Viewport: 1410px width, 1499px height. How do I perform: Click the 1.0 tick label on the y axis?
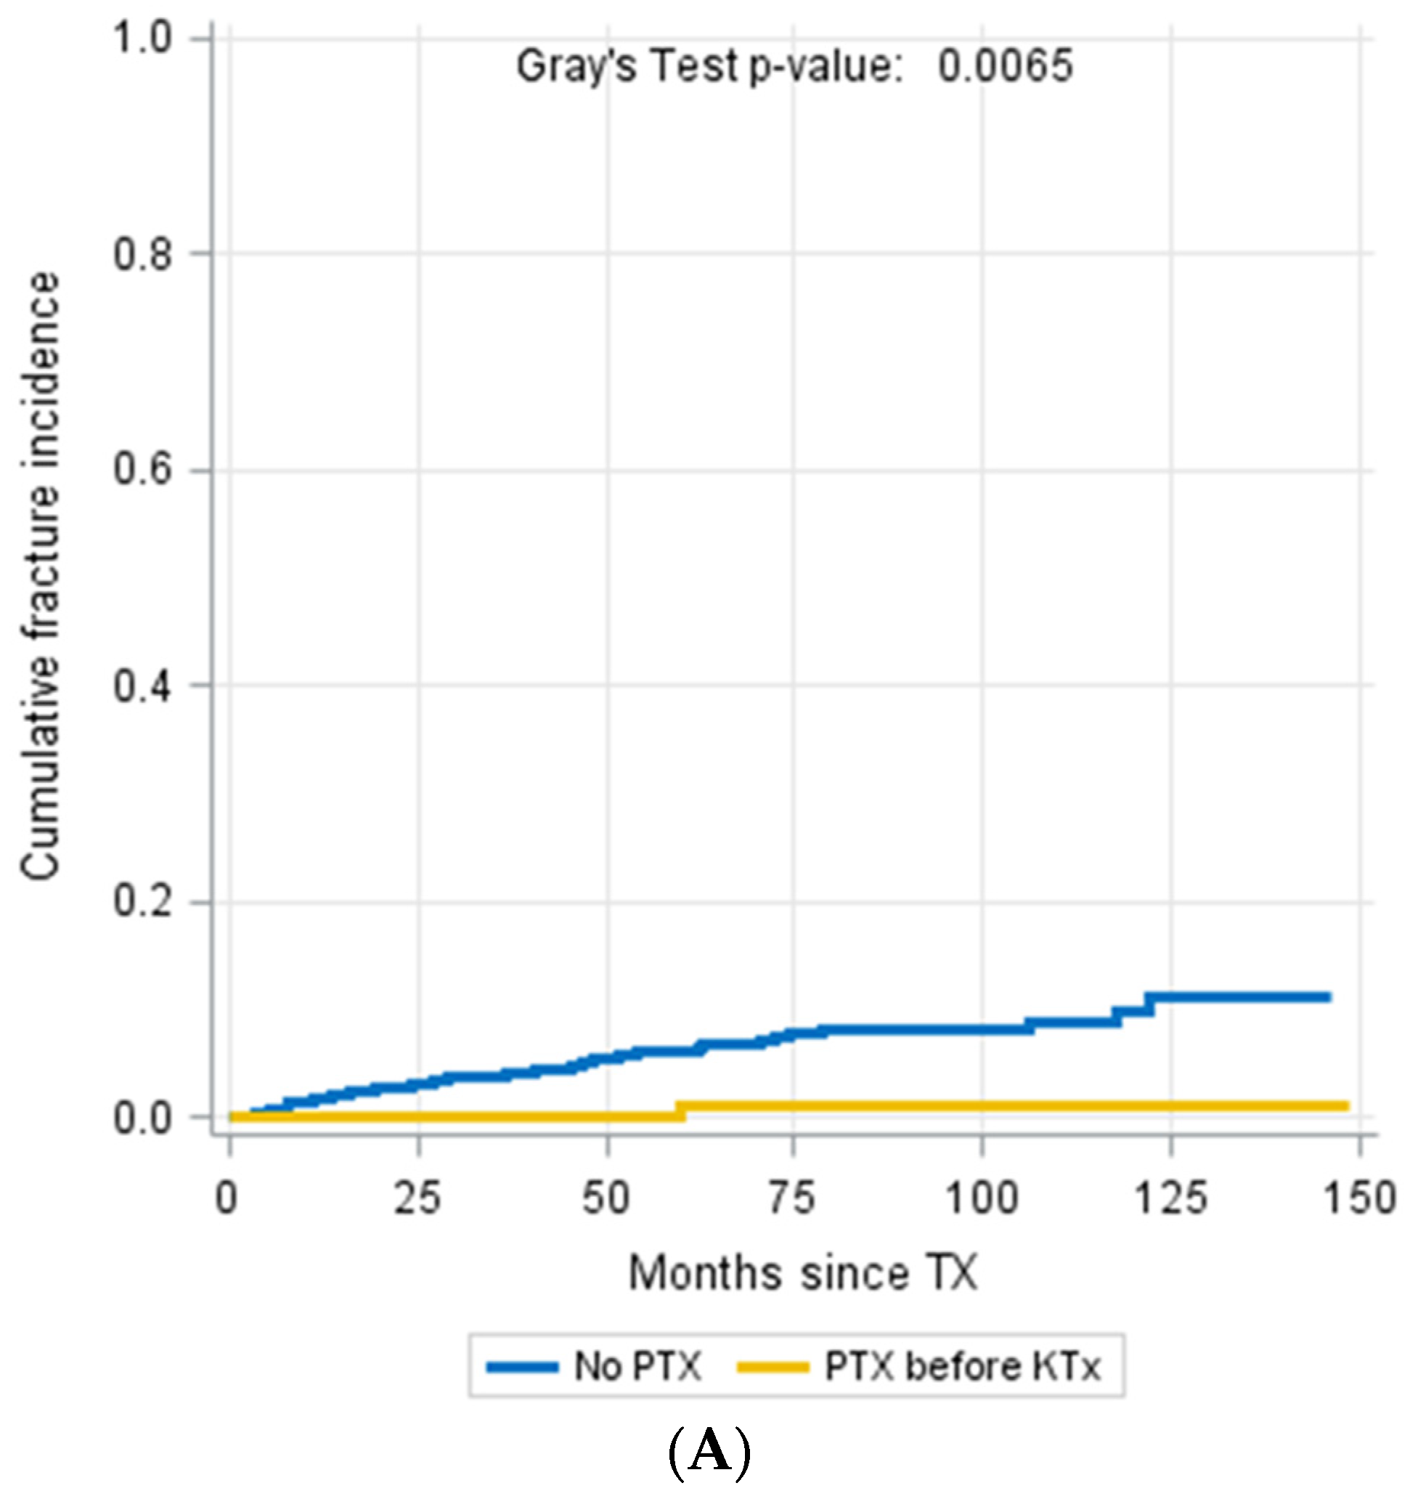pyautogui.click(x=142, y=38)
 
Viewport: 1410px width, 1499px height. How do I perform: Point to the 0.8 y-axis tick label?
pyautogui.click(x=142, y=254)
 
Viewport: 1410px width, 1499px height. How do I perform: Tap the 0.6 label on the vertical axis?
pyautogui.click(x=142, y=470)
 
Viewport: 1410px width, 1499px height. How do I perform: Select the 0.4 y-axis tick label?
pyautogui.click(x=142, y=686)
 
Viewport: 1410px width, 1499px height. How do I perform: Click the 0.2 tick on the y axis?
pyautogui.click(x=142, y=901)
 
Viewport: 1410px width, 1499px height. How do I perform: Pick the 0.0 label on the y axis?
pyautogui.click(x=142, y=1118)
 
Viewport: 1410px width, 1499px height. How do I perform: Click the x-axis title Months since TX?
pyautogui.click(x=802, y=1275)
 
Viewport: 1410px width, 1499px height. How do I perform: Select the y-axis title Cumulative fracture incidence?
pyautogui.click(x=40, y=577)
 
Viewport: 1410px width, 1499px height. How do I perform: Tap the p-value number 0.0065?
pyautogui.click(x=1004, y=66)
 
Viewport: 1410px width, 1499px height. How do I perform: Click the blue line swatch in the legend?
pyautogui.click(x=523, y=1367)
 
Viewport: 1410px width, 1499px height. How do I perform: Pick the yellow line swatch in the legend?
pyautogui.click(x=773, y=1367)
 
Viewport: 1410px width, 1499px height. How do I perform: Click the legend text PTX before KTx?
pyautogui.click(x=962, y=1367)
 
